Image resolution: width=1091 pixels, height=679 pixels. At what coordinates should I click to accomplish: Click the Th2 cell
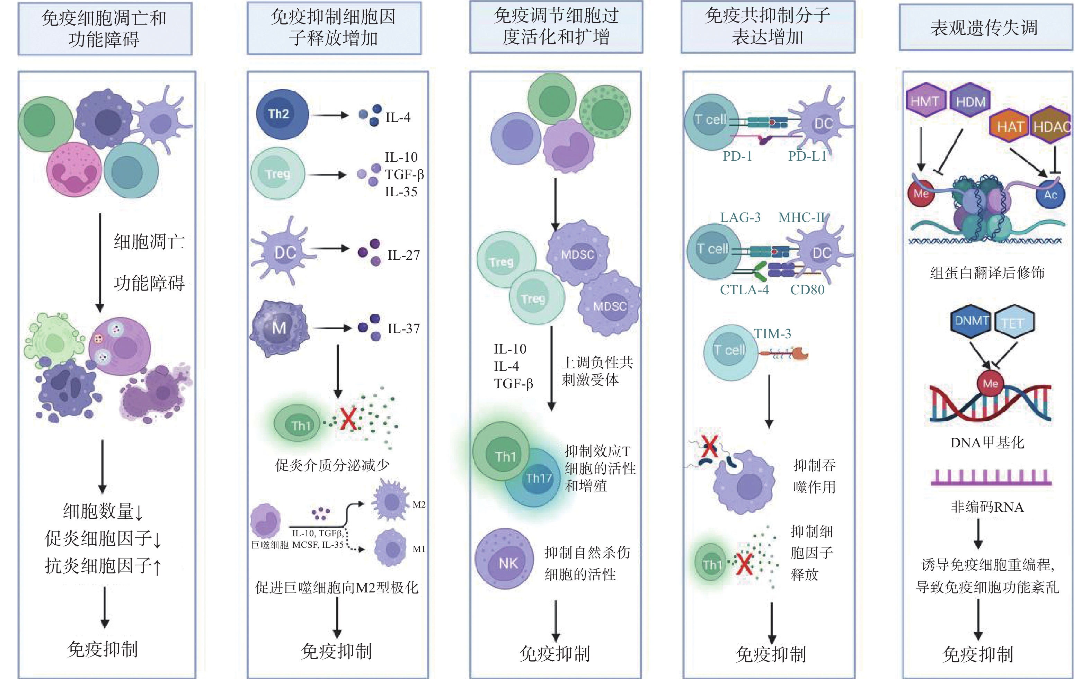(282, 114)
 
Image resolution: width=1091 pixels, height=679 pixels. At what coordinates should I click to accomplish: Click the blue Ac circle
(1050, 195)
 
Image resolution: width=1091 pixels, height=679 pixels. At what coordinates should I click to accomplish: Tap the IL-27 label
(403, 255)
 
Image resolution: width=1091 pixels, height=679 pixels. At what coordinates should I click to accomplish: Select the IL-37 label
(403, 329)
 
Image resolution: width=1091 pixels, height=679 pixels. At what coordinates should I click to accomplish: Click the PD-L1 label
(807, 156)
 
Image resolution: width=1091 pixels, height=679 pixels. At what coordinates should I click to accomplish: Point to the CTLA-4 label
(744, 290)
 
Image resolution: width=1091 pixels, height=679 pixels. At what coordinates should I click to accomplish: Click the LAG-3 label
(740, 217)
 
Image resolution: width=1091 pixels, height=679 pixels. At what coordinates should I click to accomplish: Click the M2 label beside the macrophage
(419, 504)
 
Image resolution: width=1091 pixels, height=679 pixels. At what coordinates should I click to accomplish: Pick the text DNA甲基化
(987, 443)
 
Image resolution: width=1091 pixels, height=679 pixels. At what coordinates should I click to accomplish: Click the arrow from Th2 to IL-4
(330, 115)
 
